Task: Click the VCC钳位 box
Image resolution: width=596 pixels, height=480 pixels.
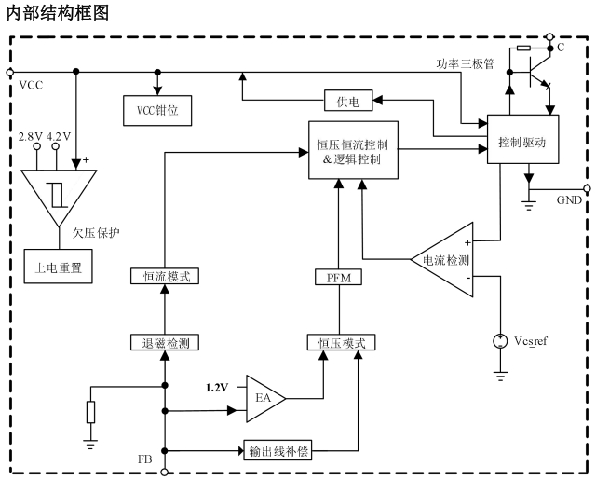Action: point(158,110)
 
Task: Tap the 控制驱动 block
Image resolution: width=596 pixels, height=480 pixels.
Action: point(521,142)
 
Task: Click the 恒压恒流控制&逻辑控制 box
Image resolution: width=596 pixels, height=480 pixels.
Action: point(359,151)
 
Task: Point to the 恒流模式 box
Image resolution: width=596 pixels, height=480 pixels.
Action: point(165,277)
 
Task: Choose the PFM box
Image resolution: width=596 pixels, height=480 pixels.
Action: point(338,277)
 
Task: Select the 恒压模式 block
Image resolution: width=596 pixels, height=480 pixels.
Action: point(341,342)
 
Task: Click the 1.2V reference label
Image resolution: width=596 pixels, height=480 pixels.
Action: point(216,387)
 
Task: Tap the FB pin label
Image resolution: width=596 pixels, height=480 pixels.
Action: point(144,459)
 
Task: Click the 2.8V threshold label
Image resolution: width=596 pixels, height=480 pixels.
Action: point(31,137)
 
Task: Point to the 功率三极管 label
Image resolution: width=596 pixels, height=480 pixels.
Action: point(465,65)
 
